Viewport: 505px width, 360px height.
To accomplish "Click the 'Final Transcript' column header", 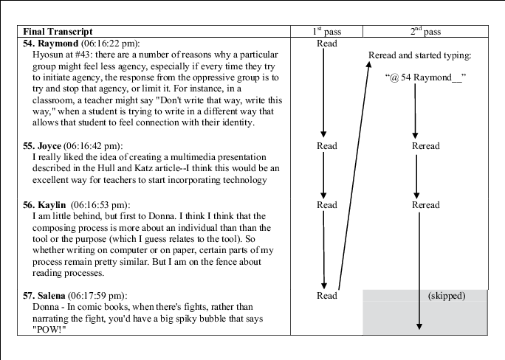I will (58, 32).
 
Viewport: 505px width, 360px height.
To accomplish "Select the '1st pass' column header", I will (326, 32).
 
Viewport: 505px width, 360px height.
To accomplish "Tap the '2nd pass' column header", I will (425, 32).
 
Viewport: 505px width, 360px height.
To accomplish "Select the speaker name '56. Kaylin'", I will (45, 204).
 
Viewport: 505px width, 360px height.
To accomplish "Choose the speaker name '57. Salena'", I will (45, 296).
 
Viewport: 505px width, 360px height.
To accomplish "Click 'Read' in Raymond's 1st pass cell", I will (326, 44).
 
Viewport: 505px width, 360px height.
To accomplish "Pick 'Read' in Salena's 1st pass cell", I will (326, 296).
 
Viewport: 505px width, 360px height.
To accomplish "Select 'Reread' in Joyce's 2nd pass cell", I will (425, 146).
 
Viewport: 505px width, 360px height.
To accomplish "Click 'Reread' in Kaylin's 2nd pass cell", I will (425, 205).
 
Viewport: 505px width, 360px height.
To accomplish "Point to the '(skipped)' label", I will (446, 296).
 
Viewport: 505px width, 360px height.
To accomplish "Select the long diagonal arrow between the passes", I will (353, 177).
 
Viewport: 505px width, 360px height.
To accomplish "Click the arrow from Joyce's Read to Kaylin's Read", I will (324, 176).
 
